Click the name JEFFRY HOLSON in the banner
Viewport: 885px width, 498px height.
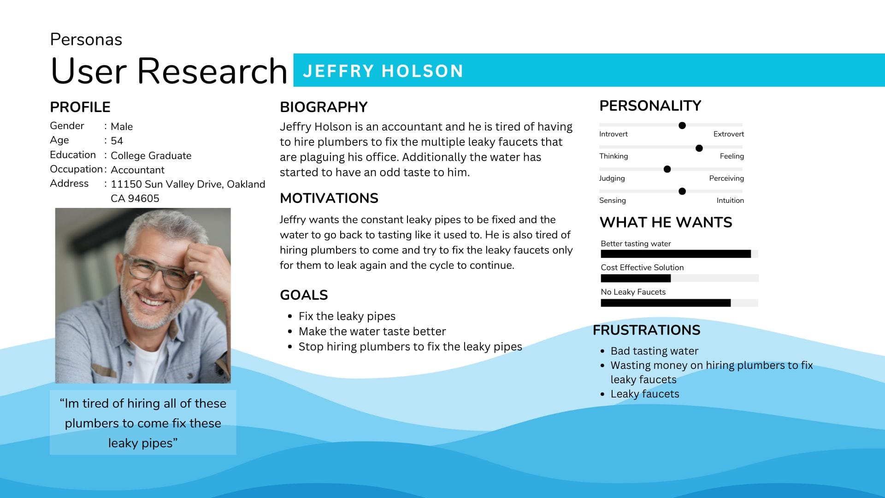click(383, 71)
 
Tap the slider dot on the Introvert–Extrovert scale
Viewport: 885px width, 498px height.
click(682, 125)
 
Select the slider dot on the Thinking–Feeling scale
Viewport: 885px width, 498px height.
click(699, 148)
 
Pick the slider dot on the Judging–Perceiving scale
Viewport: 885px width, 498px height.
click(667, 169)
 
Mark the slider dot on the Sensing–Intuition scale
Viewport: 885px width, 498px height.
click(682, 191)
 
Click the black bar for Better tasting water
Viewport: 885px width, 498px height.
click(676, 254)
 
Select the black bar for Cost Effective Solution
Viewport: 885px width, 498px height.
click(636, 278)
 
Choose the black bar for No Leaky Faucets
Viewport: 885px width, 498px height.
click(666, 303)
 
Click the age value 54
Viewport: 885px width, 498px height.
click(117, 141)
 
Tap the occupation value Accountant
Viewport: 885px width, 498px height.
click(137, 170)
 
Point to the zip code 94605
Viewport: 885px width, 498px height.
click(143, 198)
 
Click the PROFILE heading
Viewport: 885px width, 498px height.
click(80, 107)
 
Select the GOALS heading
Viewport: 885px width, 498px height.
click(304, 295)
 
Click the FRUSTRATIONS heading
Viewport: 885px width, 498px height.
click(646, 330)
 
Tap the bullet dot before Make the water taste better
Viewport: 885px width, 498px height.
click(290, 332)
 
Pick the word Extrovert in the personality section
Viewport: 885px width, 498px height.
click(729, 134)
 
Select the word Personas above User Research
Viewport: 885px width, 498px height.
click(86, 40)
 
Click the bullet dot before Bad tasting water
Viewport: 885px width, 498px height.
click(602, 351)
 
